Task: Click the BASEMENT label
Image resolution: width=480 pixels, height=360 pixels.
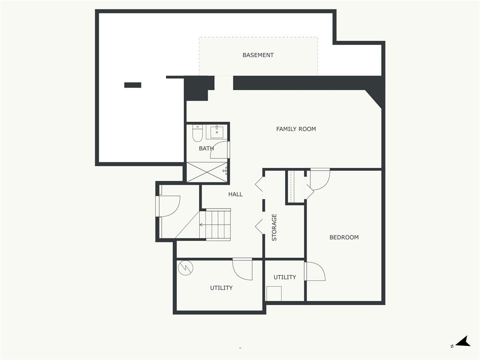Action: [x=258, y=55]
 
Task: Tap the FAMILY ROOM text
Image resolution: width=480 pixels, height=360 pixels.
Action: [x=296, y=129]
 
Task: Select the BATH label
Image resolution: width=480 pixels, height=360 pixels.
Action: [x=206, y=149]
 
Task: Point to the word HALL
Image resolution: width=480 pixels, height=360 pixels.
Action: [x=235, y=194]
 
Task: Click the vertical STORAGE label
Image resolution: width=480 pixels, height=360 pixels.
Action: [x=275, y=227]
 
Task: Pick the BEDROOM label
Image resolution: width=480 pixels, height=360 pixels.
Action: [x=344, y=237]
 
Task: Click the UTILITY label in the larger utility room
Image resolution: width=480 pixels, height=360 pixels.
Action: [x=221, y=288]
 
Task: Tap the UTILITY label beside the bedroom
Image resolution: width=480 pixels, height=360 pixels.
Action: [x=285, y=277]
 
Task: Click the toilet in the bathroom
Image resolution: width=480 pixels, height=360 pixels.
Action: [x=197, y=133]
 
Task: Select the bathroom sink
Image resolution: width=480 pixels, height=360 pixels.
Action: [x=217, y=132]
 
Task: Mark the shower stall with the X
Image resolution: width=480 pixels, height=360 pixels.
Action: [x=207, y=172]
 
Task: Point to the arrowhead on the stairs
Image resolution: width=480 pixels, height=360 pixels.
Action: [x=201, y=225]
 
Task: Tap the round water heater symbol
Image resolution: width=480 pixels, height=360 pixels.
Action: [x=186, y=268]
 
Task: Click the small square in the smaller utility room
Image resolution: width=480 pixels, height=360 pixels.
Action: [x=274, y=293]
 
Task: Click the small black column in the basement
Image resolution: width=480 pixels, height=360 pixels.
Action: [x=133, y=85]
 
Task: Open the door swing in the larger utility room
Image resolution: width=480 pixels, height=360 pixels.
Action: [x=243, y=269]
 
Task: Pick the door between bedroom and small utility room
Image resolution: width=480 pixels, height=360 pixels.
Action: [x=314, y=272]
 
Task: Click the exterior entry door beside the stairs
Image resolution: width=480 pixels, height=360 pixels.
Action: [x=168, y=206]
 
